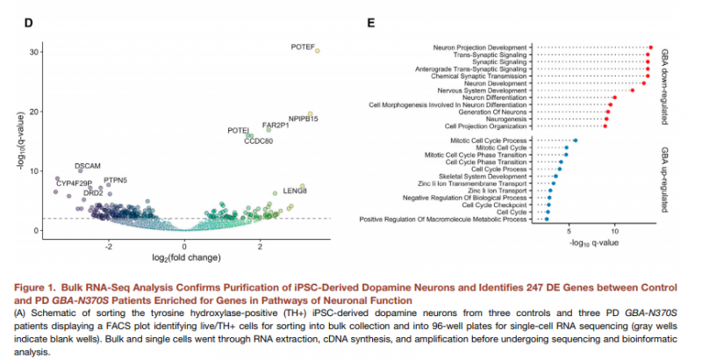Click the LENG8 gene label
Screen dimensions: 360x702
click(x=295, y=190)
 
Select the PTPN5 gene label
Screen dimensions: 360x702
click(x=115, y=180)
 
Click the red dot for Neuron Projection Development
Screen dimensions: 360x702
click(x=651, y=47)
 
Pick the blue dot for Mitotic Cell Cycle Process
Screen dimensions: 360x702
click(x=575, y=140)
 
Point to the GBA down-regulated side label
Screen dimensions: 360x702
click(x=672, y=85)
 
